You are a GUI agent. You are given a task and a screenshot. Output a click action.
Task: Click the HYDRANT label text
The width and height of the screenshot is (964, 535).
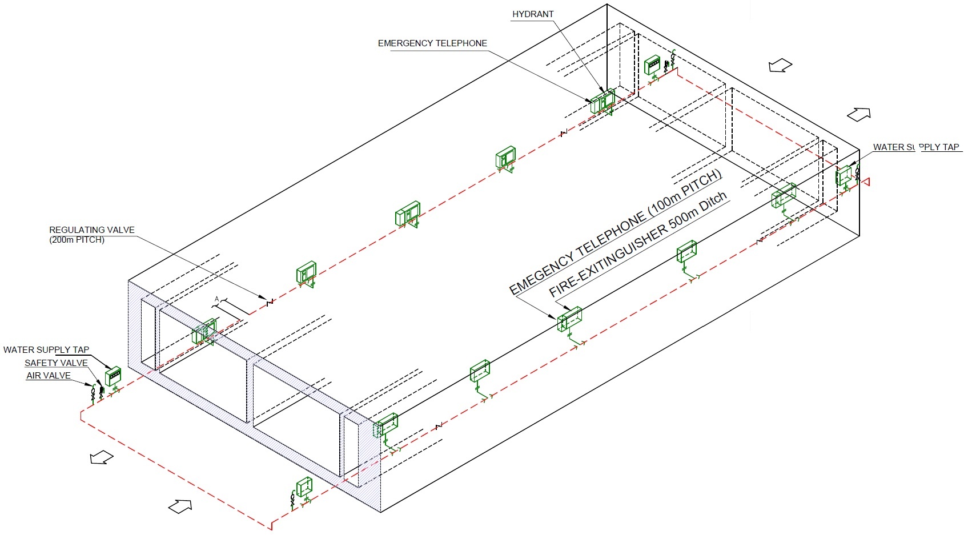point(533,14)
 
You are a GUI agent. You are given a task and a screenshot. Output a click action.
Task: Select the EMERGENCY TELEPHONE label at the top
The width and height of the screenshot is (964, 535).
point(432,43)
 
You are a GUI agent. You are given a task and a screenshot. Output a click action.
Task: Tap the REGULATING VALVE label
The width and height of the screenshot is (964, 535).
point(92,230)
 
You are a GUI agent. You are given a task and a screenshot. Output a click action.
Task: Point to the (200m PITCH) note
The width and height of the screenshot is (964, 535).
point(77,240)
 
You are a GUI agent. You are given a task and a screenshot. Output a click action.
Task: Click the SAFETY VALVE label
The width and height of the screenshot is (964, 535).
point(56,363)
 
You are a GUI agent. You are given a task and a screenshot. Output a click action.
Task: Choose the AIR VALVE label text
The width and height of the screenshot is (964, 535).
point(49,375)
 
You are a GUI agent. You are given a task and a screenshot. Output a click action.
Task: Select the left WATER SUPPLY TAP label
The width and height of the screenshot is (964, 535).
point(46,349)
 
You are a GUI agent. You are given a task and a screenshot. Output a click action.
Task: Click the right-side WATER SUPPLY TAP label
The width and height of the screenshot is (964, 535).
point(916,147)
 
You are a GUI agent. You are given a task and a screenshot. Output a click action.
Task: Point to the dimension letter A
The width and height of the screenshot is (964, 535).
point(217,299)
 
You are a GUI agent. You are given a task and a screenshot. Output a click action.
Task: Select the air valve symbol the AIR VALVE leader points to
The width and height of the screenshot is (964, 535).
point(93,393)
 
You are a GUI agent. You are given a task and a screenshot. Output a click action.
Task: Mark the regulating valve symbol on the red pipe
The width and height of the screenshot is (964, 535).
point(270,302)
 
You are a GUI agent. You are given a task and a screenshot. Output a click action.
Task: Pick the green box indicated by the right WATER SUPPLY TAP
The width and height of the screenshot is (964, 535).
point(843,176)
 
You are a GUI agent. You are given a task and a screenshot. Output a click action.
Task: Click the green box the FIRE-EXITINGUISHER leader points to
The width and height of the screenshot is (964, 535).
point(570,319)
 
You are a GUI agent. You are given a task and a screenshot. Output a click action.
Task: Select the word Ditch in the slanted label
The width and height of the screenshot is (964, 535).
point(713,202)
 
